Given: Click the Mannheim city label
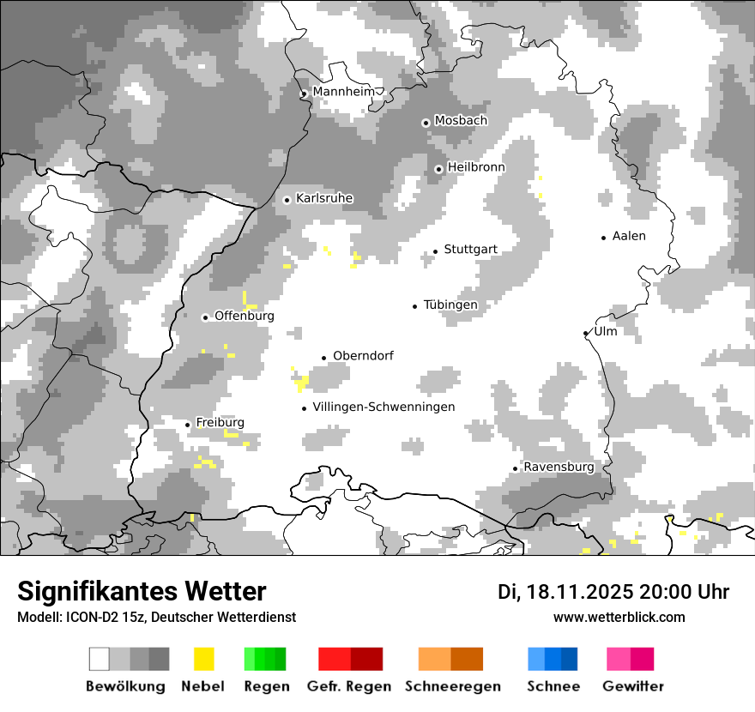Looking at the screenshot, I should coord(344,92).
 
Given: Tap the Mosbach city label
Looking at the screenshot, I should coord(461,121).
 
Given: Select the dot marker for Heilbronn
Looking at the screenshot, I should coord(438,169).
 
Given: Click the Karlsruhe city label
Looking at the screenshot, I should coord(324,198).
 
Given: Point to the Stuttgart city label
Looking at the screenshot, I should coord(470,250).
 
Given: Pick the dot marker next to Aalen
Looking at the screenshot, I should coord(604,238).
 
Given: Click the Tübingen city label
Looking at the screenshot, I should coord(450,305).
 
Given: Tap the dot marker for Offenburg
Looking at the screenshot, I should coord(205,317).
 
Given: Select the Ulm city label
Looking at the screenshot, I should coord(606,331).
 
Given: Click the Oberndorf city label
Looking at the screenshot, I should coord(363,356).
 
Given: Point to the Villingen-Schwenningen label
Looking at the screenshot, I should coord(384,407).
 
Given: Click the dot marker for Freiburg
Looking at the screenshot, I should coord(188,425).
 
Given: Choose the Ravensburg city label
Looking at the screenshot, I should coord(559,468).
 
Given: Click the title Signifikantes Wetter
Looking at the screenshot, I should coord(142,591).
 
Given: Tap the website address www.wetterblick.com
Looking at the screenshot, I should coord(619,617).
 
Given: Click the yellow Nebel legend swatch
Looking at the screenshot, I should coord(203,659).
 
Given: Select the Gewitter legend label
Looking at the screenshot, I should coord(633,686).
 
